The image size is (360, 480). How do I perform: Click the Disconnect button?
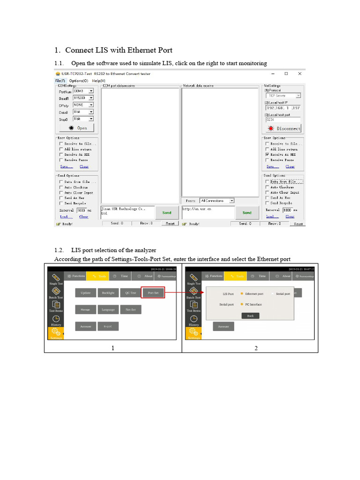coord(284,128)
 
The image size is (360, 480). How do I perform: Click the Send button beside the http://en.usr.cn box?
coord(247,213)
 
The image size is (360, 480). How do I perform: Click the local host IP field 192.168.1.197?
coord(283,108)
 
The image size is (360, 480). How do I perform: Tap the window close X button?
coord(300,74)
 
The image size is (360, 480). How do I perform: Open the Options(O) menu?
coord(79,81)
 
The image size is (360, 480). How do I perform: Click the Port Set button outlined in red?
coord(153,293)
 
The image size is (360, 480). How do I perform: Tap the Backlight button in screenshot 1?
coord(108,293)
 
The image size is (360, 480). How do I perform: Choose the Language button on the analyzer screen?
coord(108,310)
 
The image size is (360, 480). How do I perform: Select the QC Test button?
coord(130,293)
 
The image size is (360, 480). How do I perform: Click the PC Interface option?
coord(253,305)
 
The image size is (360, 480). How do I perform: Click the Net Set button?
coord(130,310)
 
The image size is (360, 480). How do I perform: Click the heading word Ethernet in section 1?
coord(131,50)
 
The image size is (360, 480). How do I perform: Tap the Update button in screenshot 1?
coord(85,293)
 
